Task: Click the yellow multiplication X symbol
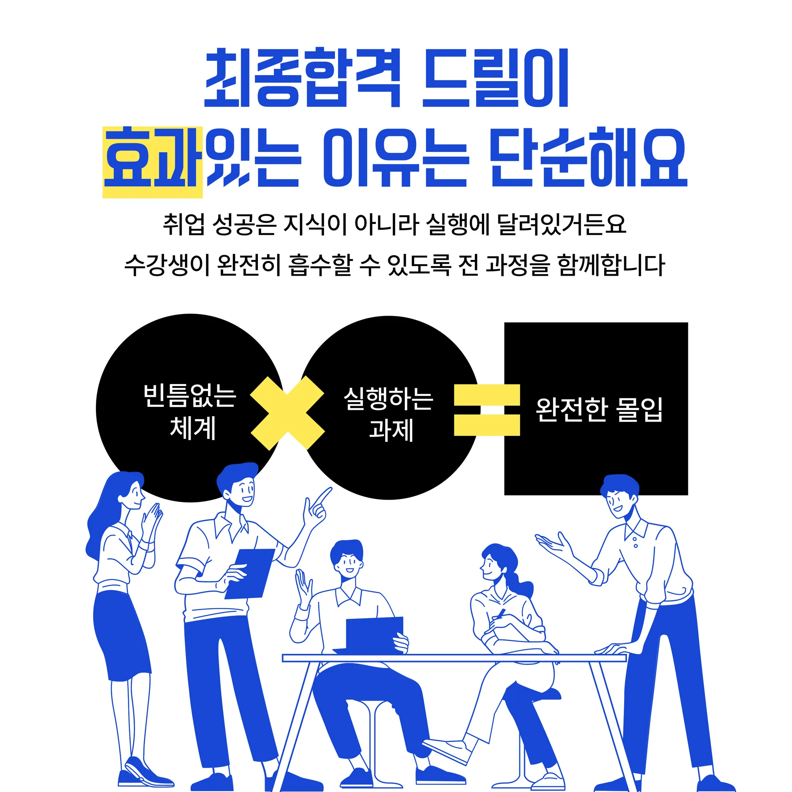(x=287, y=413)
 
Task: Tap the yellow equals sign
(x=486, y=410)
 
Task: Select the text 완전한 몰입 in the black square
(x=599, y=410)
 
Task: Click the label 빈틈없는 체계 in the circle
(x=190, y=411)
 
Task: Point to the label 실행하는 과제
(x=389, y=414)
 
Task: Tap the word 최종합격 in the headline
(x=302, y=78)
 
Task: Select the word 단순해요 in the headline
(x=588, y=157)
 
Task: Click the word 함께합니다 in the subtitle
(x=610, y=265)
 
